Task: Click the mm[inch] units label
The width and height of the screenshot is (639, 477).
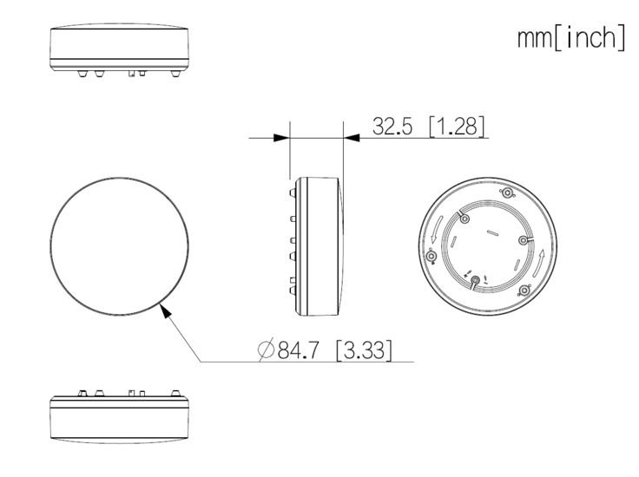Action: click(571, 38)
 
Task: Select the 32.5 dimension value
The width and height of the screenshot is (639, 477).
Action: click(392, 126)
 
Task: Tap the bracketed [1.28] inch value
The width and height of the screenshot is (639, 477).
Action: click(457, 126)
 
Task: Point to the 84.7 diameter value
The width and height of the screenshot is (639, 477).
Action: click(298, 350)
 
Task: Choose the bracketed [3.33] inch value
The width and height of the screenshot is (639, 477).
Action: click(364, 350)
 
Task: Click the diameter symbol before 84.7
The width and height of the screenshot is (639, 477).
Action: click(266, 350)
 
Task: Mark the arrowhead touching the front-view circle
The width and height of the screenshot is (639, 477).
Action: click(165, 310)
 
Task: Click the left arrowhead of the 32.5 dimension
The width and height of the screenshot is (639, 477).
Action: click(281, 138)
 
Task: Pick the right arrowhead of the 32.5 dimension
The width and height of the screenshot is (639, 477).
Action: click(352, 138)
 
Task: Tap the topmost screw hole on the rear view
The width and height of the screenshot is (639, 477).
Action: click(507, 193)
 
